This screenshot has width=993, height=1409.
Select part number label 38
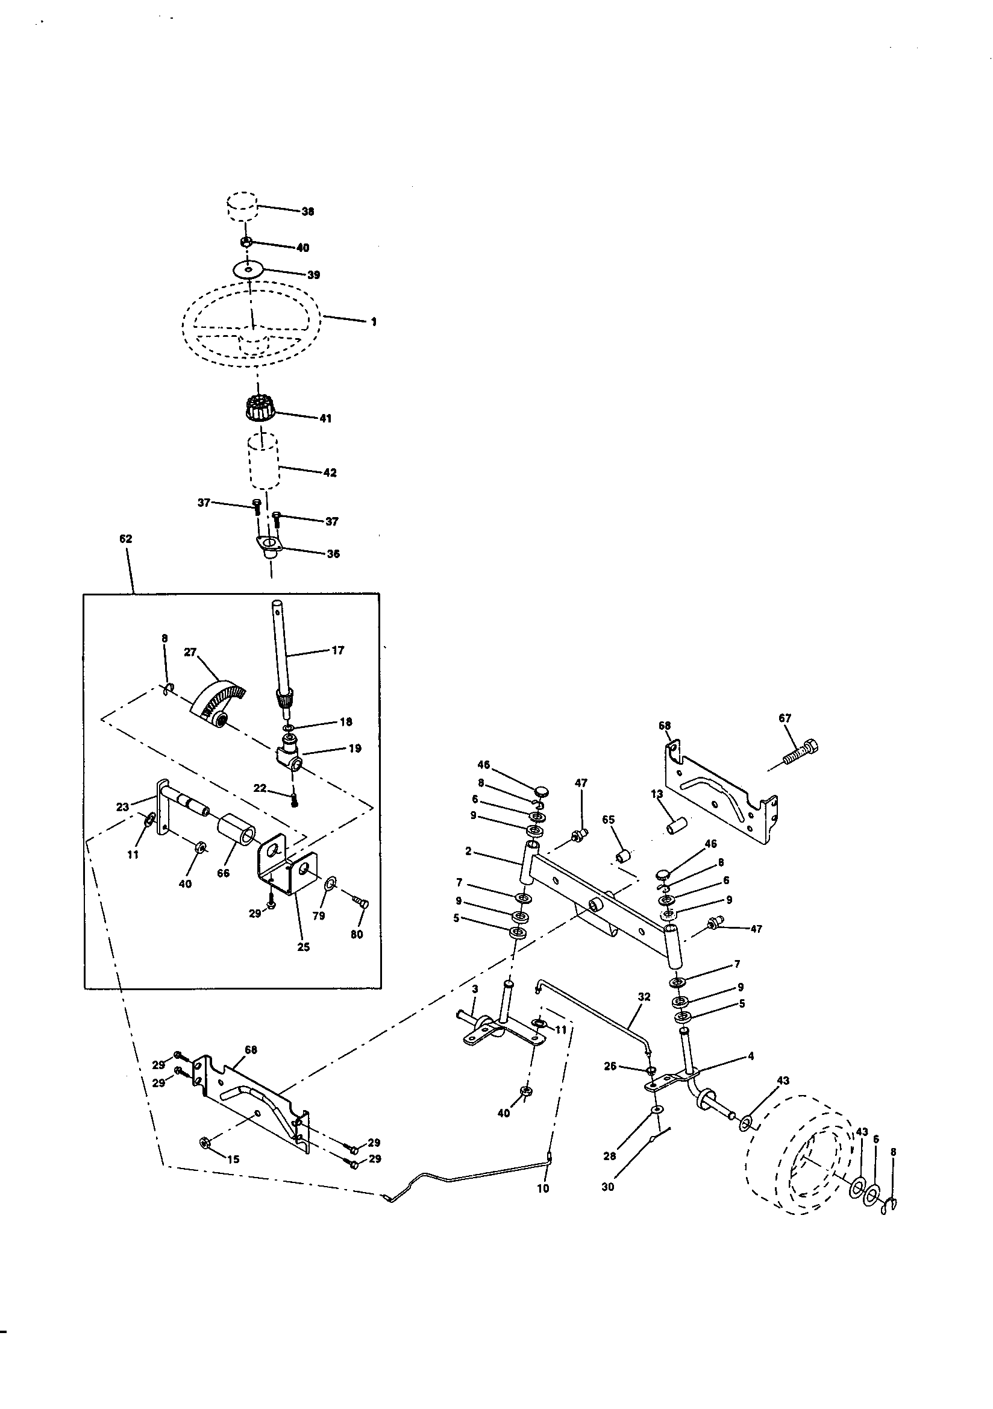pyautogui.click(x=307, y=211)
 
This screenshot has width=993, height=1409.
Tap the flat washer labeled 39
pyautogui.click(x=248, y=269)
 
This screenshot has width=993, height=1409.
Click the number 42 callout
pyautogui.click(x=330, y=472)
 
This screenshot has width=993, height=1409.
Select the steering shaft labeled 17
pyautogui.click(x=282, y=659)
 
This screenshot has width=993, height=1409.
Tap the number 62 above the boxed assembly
pyautogui.click(x=125, y=539)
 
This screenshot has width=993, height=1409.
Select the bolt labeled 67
pyautogui.click(x=801, y=753)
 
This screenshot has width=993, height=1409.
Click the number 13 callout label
pyautogui.click(x=657, y=794)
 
